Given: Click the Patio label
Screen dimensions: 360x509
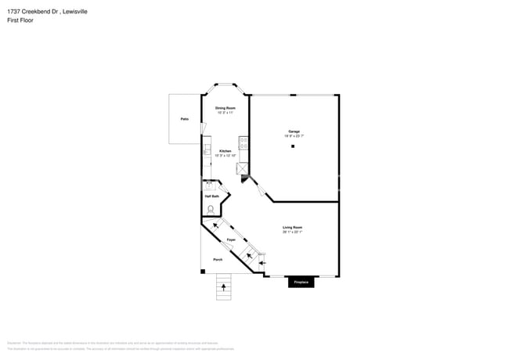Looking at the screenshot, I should pyautogui.click(x=185, y=119).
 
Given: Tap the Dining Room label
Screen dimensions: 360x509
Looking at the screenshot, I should pyautogui.click(x=226, y=107).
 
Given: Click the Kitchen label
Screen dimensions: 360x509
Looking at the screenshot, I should pyautogui.click(x=225, y=150).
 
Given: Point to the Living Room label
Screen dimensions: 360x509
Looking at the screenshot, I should pyautogui.click(x=293, y=228).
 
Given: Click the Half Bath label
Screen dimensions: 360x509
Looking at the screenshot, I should pyautogui.click(x=211, y=196).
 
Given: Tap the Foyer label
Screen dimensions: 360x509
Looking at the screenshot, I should pyautogui.click(x=231, y=239).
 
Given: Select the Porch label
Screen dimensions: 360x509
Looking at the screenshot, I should pyautogui.click(x=218, y=259).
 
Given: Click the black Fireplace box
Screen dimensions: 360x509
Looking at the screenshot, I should pyautogui.click(x=301, y=282).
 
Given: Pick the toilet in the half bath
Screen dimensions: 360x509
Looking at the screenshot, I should pyautogui.click(x=211, y=208).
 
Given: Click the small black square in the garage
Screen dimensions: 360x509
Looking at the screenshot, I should pyautogui.click(x=293, y=146).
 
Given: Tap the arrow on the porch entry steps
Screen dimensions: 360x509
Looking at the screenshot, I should pyautogui.click(x=224, y=287).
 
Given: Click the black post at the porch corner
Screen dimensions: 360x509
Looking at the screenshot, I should pyautogui.click(x=203, y=272).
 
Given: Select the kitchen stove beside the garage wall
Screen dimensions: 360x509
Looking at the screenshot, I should pyautogui.click(x=244, y=143).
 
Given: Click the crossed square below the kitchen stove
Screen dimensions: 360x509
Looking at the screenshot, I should pyautogui.click(x=243, y=168).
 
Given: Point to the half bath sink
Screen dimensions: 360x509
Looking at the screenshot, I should pyautogui.click(x=209, y=186).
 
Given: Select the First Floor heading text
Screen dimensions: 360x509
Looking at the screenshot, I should pyautogui.click(x=20, y=20).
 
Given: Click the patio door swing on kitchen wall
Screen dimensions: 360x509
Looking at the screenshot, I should pyautogui.click(x=203, y=128).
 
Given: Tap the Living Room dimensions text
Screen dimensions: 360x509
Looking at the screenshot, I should pyautogui.click(x=293, y=232).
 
